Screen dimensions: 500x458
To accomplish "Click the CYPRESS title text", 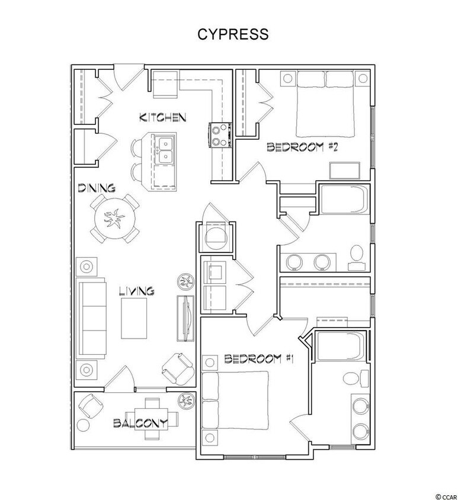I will tap(232, 34).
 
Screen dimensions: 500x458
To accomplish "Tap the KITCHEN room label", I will tap(163, 117).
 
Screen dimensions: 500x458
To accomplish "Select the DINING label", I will tap(97, 188).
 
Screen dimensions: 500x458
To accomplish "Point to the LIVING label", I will tap(136, 291).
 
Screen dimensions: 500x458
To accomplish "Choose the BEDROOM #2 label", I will tap(302, 148).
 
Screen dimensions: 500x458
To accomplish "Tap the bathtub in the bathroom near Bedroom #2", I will tap(344, 204).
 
